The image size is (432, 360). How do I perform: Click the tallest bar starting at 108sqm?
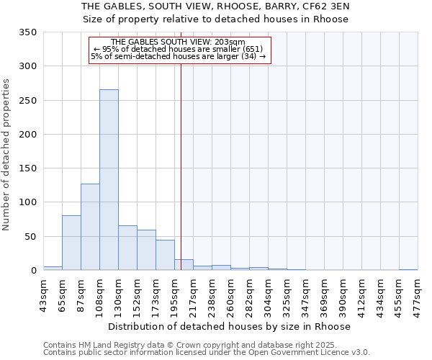(109, 180)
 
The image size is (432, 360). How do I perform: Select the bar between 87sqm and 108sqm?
(90, 227)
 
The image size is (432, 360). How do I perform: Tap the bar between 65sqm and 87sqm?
(71, 243)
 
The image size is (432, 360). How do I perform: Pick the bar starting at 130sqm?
(127, 248)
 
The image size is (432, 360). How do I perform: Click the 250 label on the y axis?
(27, 101)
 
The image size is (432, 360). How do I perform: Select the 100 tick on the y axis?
(27, 202)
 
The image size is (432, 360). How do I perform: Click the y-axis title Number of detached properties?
(6, 155)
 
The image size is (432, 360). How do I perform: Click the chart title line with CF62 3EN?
(216, 6)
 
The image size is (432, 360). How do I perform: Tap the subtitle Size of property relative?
(216, 19)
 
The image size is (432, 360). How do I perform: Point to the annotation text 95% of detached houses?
(179, 49)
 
